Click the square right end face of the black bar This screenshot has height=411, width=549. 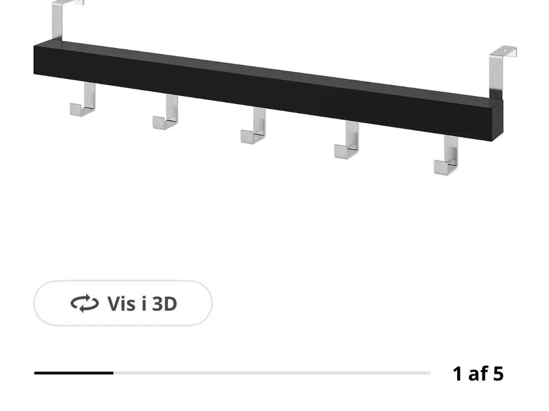[x=498, y=121]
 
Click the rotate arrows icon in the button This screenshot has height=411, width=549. [x=85, y=303]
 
